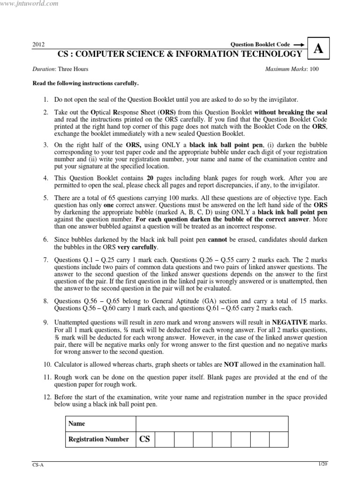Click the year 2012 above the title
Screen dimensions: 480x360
click(x=38, y=45)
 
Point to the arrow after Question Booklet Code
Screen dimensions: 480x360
click(x=299, y=44)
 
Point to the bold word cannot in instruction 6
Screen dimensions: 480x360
click(x=217, y=239)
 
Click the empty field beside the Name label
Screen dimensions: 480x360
click(x=211, y=423)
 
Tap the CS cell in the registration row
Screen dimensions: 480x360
click(x=145, y=439)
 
